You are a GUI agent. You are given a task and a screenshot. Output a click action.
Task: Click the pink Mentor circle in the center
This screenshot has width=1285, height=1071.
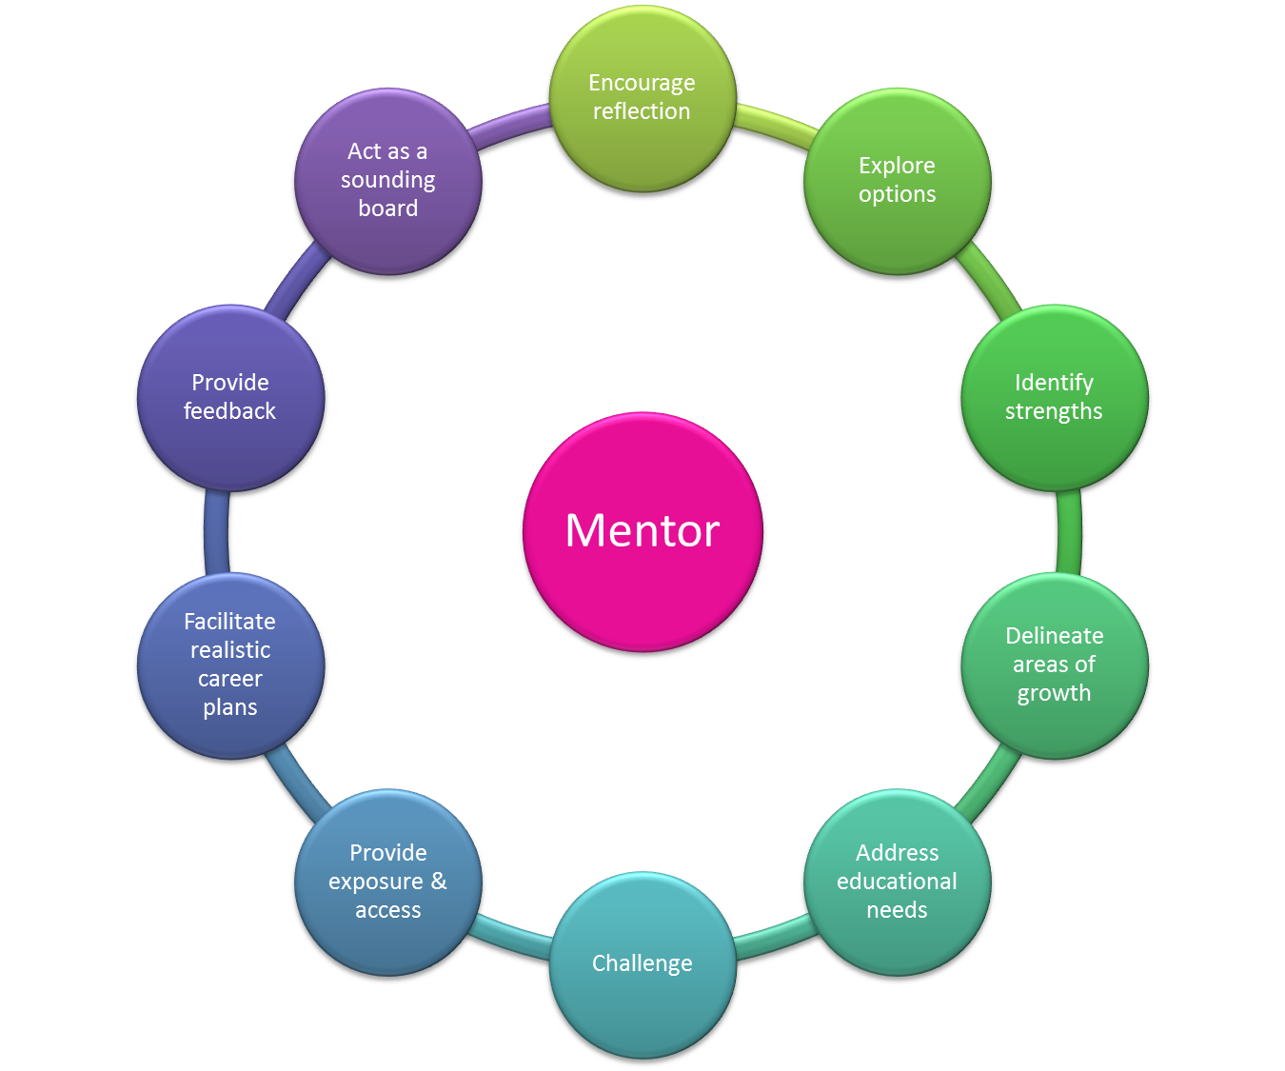click(642, 531)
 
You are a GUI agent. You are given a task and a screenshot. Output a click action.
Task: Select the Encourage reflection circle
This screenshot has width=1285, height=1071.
click(642, 97)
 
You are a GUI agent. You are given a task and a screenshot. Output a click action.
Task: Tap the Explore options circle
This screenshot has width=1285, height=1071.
click(898, 181)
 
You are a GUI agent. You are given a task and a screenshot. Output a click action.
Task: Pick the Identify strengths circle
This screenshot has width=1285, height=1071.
click(1054, 397)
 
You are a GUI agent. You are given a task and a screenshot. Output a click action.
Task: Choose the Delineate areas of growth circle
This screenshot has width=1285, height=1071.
click(1054, 664)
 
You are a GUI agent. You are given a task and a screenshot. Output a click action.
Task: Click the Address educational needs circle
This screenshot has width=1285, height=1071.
click(898, 882)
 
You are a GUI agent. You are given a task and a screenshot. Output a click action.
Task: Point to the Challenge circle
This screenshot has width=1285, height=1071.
click(642, 963)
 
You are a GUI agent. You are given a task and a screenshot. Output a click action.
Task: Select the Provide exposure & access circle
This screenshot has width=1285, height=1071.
click(388, 882)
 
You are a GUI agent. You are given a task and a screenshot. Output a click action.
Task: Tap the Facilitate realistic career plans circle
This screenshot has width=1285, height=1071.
click(231, 664)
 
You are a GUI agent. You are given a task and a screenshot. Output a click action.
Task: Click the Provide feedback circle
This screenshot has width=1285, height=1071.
click(231, 397)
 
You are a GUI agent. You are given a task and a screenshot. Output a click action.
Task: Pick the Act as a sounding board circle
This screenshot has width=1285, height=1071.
click(388, 181)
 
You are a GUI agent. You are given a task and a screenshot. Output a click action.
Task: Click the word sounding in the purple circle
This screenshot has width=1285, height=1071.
click(388, 180)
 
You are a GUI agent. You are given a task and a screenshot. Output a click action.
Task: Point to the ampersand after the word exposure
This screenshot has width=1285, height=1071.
click(439, 881)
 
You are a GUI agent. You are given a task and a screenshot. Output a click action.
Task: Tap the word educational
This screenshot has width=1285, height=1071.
click(897, 882)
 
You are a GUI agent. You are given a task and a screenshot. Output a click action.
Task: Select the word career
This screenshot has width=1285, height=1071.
click(230, 679)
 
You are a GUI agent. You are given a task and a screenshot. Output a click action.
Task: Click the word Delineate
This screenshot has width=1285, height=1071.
click(1054, 636)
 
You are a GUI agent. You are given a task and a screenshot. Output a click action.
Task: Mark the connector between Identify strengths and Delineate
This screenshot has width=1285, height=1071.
click(1069, 531)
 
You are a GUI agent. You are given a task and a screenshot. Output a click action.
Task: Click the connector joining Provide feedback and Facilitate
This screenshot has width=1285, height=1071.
click(217, 531)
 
